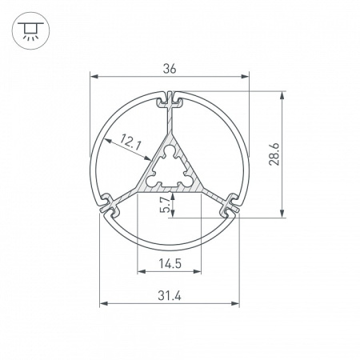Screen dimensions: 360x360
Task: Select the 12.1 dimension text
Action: pos(130,144)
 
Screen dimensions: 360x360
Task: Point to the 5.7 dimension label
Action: pos(165,204)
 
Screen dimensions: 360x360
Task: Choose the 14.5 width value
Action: pos(169,263)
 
